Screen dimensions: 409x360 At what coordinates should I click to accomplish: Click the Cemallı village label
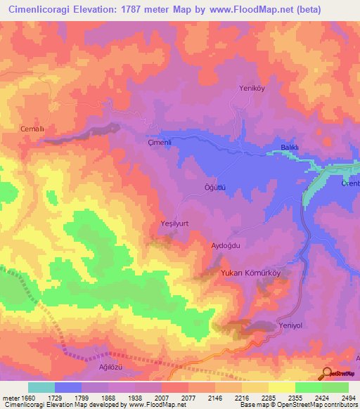(x=32, y=129)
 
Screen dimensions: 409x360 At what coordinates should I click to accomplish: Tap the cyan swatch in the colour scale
(x=41, y=387)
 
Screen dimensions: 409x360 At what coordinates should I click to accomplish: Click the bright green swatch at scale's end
(x=335, y=387)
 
